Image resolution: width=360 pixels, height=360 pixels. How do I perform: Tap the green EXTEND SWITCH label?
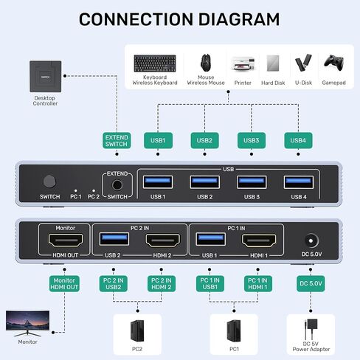117,141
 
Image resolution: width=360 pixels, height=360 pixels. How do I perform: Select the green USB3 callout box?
252,140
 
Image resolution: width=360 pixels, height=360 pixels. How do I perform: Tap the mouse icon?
206,62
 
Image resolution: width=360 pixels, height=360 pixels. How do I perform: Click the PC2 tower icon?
136,328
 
